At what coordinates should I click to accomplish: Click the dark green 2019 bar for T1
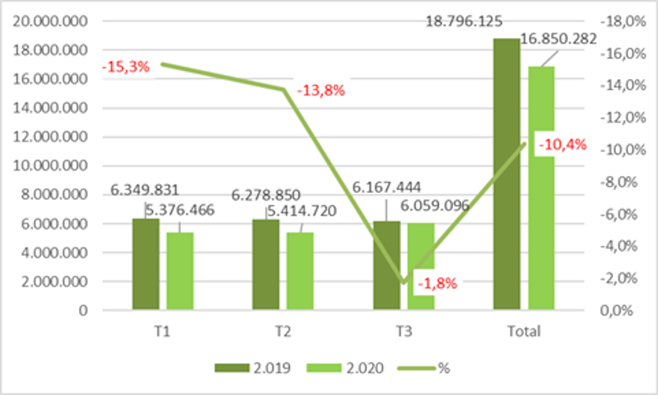146,265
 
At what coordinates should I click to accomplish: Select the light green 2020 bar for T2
300,271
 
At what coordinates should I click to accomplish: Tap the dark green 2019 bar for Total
507,174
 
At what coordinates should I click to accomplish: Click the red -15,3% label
126,67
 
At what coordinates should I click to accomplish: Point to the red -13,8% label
321,91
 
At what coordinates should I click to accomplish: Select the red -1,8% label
437,284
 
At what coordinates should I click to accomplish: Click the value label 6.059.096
434,205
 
